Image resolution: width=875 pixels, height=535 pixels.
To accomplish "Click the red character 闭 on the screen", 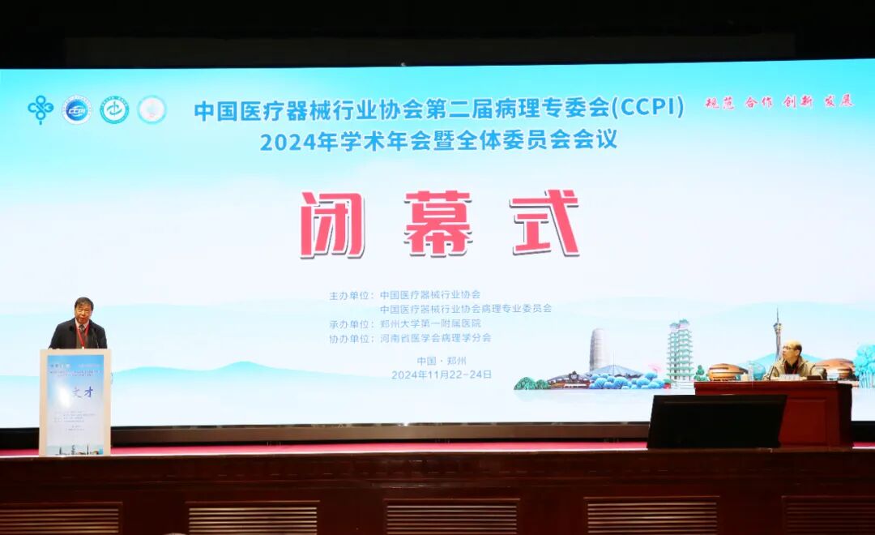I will (x=332, y=225).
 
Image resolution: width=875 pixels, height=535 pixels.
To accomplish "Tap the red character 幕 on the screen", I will (x=438, y=224).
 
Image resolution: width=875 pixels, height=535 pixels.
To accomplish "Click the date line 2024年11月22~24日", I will (x=441, y=374).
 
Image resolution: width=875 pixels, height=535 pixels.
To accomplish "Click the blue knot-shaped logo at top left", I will (x=40, y=109).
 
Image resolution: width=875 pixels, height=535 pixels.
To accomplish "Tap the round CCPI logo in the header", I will (x=77, y=109).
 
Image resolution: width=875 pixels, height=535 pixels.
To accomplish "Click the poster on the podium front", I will (x=75, y=403).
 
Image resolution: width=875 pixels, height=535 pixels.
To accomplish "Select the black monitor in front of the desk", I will (x=716, y=422).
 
